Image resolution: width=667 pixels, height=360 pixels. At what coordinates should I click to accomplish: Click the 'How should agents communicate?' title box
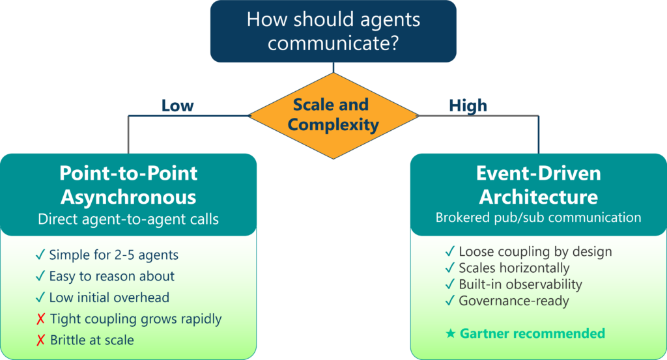point(333,31)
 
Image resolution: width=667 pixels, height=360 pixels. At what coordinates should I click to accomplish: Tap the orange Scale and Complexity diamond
point(333,116)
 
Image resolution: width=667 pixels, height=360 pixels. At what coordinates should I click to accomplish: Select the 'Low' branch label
point(177,105)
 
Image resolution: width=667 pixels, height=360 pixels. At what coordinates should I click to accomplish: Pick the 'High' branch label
point(468,105)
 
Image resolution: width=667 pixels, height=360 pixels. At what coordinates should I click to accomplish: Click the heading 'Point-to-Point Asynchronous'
point(128,185)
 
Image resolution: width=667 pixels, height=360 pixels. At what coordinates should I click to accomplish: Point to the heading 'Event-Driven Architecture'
point(539,185)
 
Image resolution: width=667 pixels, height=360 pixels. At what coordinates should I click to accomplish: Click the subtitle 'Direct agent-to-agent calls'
point(128,219)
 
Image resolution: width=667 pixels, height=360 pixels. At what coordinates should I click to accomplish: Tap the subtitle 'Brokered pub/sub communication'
point(539,217)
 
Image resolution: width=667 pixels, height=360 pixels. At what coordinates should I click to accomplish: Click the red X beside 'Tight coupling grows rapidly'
point(40,319)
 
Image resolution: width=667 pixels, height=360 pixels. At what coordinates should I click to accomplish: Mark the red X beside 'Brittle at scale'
point(40,340)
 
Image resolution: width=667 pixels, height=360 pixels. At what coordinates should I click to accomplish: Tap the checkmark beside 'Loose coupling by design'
point(449,251)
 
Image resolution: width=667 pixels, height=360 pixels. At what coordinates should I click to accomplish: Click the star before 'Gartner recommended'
point(451,333)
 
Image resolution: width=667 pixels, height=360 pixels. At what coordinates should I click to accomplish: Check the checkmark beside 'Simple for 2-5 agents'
point(40,255)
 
